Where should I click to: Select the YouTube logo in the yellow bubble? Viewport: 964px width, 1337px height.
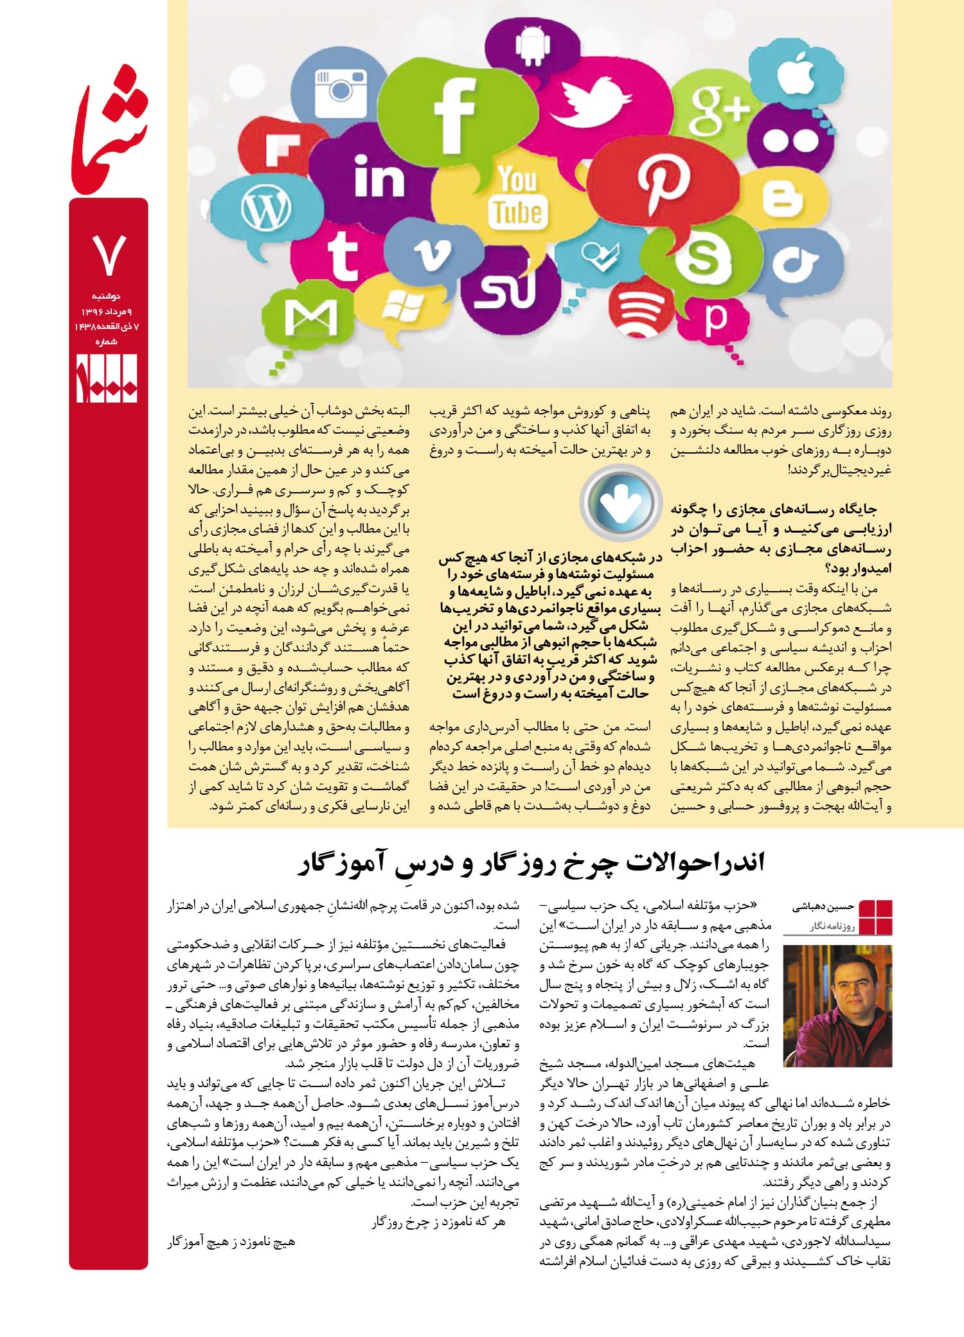tap(517, 196)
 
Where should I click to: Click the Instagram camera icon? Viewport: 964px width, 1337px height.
tap(341, 90)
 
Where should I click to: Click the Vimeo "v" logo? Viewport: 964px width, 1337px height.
tap(431, 253)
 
